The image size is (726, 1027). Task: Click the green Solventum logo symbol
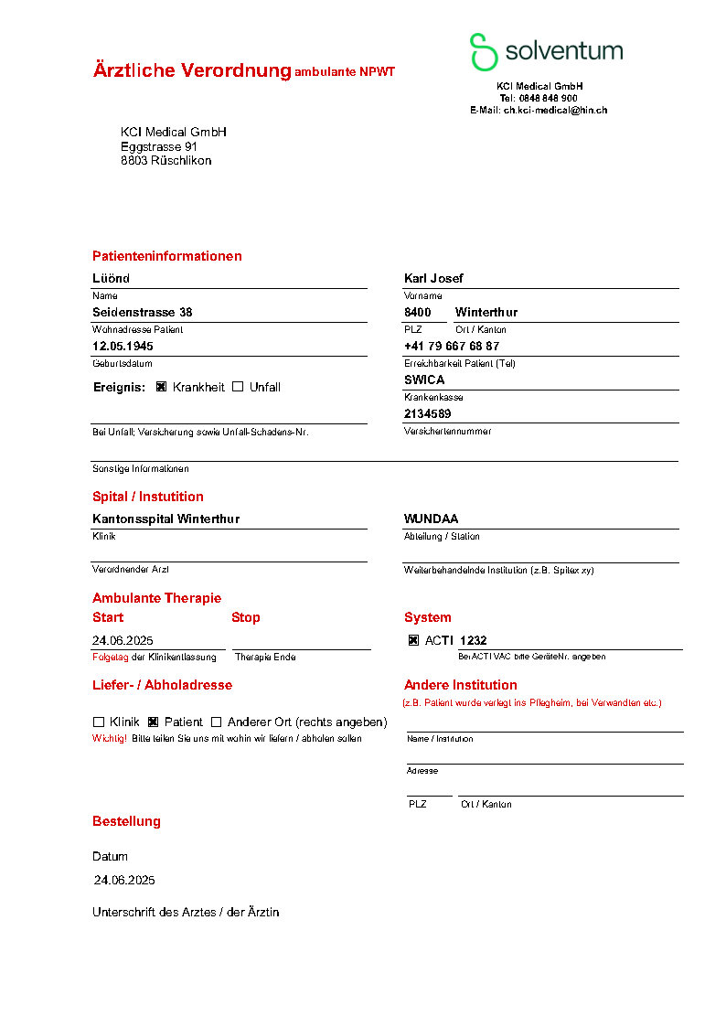point(483,52)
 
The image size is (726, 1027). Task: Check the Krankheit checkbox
point(161,387)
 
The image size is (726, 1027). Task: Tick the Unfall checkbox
point(238,387)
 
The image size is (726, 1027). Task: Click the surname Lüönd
point(112,278)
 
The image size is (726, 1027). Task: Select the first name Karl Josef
point(433,278)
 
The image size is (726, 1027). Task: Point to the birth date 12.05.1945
point(123,347)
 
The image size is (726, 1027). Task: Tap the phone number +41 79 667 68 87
point(452,347)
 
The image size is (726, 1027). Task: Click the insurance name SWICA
point(424,380)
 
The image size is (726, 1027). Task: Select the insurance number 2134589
point(427,413)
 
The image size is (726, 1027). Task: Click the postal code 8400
point(417,312)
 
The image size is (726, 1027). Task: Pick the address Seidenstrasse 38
point(143,312)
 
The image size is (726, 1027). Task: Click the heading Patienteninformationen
point(167,256)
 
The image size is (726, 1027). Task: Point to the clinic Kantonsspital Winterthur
point(165,519)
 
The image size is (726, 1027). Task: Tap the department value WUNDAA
point(432,519)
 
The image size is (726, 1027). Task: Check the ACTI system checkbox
point(413,641)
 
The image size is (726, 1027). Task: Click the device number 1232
point(474,641)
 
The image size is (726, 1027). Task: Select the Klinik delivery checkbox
point(98,722)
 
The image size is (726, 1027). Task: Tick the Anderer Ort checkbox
point(217,722)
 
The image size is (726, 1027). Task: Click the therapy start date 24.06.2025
point(123,641)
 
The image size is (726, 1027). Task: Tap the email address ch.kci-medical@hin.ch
point(555,110)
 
